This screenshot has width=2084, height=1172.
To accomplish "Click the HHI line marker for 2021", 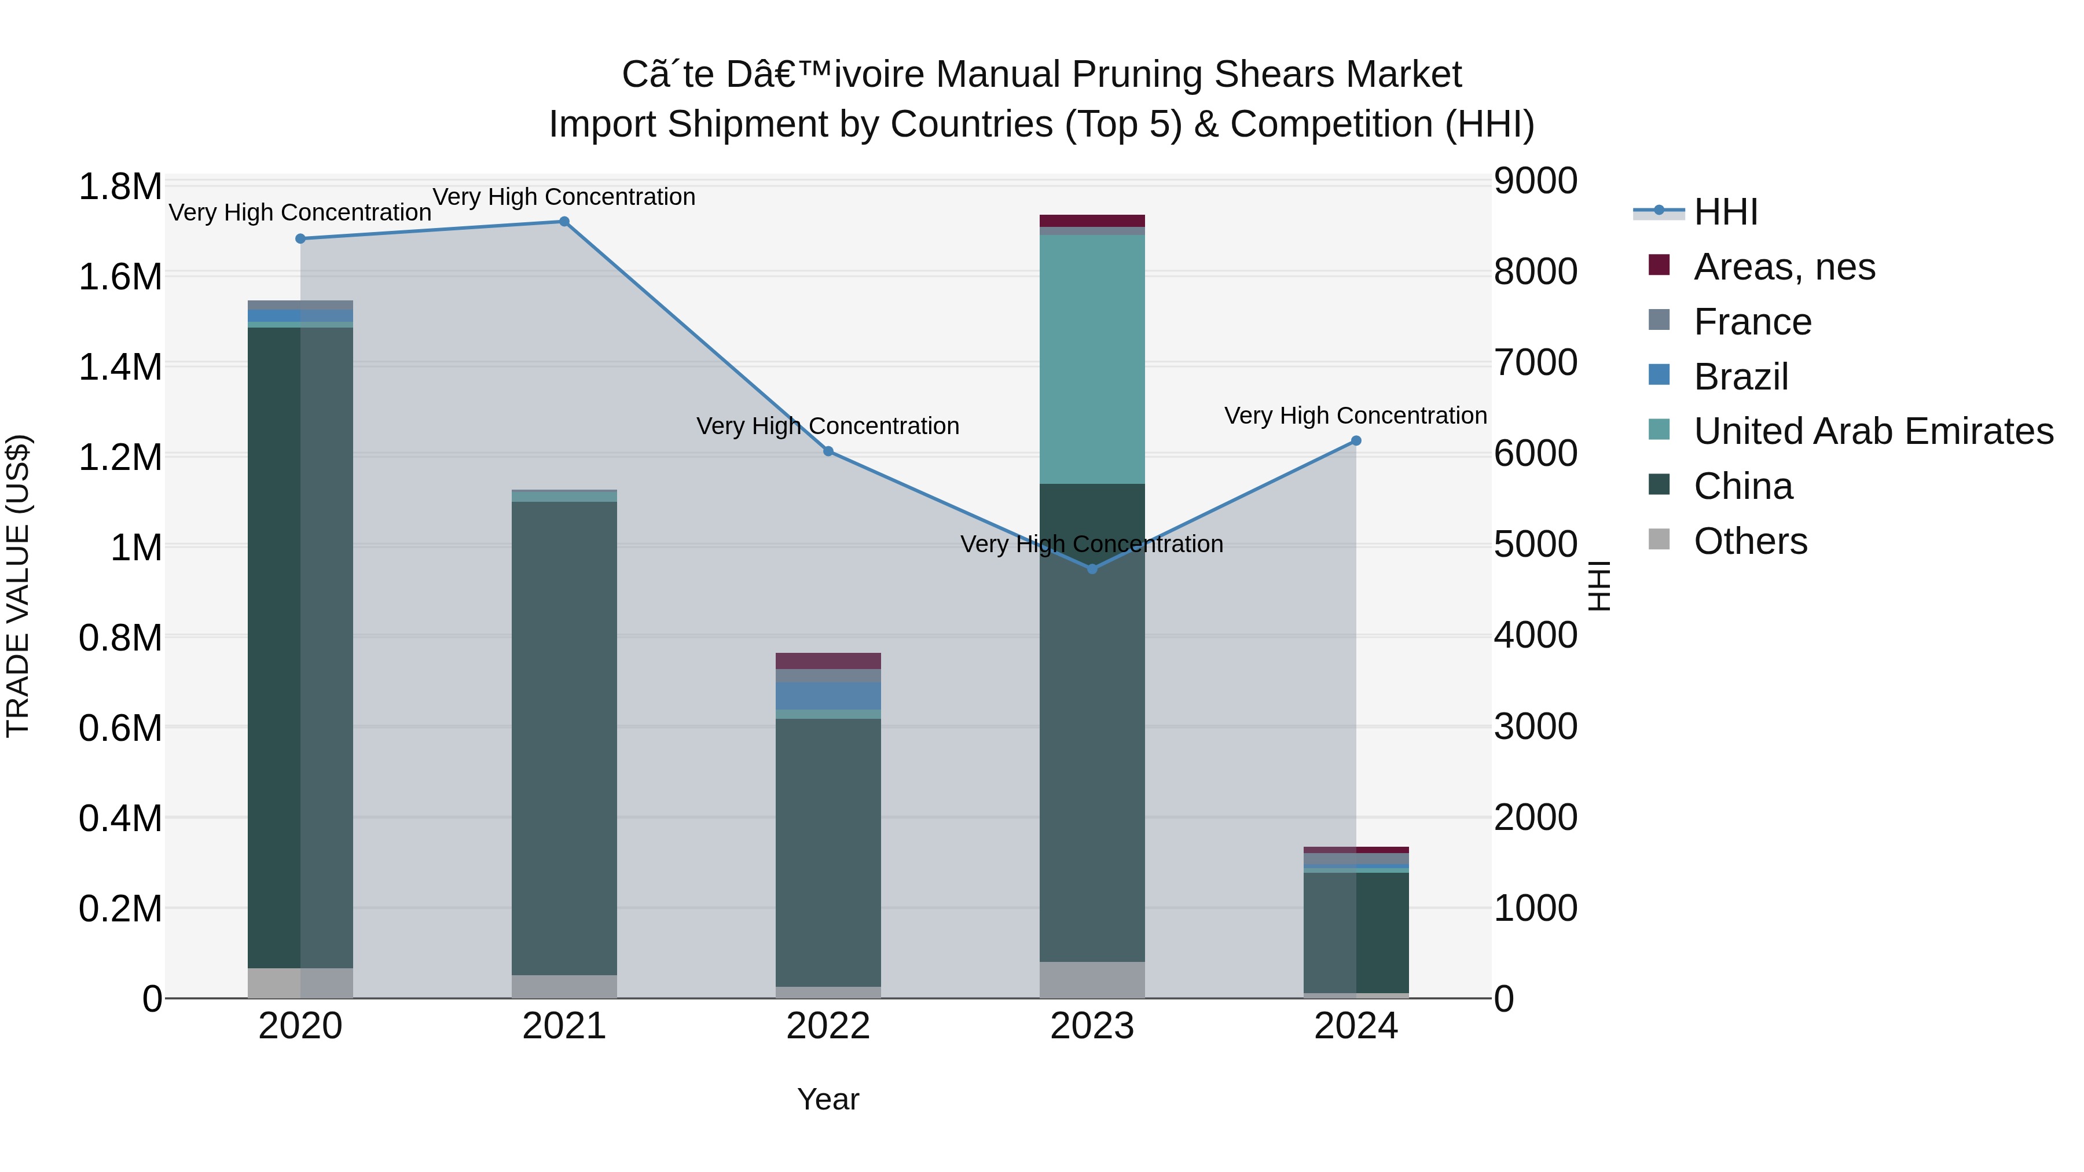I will pyautogui.click(x=564, y=222).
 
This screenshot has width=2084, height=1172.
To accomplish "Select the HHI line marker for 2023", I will pyautogui.click(x=1092, y=570).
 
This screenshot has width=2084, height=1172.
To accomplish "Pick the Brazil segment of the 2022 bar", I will pyautogui.click(x=828, y=696).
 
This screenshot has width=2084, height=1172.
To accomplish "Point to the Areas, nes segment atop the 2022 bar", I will pyautogui.click(x=828, y=661).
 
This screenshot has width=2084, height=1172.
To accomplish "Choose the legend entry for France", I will pyautogui.click(x=1752, y=322).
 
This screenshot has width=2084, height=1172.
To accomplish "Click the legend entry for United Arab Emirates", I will pyautogui.click(x=1873, y=431).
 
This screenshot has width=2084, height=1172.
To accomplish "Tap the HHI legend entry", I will pyautogui.click(x=1725, y=212).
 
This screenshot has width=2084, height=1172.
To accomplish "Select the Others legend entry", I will pyautogui.click(x=1750, y=541).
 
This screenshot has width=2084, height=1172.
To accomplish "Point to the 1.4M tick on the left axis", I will pyautogui.click(x=120, y=367).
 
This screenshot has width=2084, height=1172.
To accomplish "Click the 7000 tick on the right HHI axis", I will pyautogui.click(x=1535, y=362).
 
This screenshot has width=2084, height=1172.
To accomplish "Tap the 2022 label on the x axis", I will pyautogui.click(x=828, y=1026).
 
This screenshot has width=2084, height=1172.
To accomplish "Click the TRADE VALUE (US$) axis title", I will pyautogui.click(x=18, y=586).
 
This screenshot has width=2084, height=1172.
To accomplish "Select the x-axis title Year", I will pyautogui.click(x=828, y=1099).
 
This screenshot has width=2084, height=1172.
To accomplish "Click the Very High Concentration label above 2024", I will pyautogui.click(x=1355, y=416).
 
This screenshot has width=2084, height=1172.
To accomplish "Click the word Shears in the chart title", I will pyautogui.click(x=1264, y=75).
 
